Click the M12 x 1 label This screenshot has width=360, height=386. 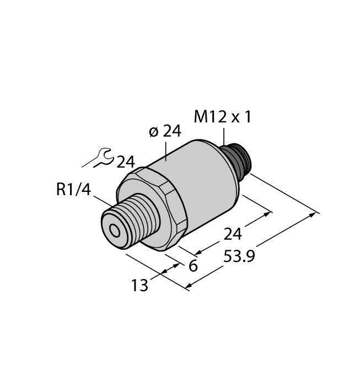click(x=222, y=117)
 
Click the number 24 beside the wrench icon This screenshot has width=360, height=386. click(x=126, y=162)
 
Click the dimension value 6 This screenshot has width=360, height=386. click(x=193, y=266)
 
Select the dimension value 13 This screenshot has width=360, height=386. click(x=140, y=286)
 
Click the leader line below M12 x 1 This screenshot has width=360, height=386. click(x=224, y=136)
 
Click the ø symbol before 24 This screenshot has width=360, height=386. click(x=154, y=132)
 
